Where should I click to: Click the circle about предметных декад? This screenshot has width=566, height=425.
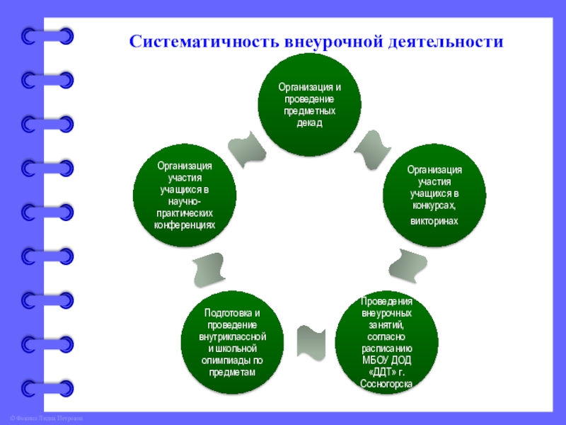(309, 106)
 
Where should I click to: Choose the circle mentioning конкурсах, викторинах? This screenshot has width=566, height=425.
(434, 196)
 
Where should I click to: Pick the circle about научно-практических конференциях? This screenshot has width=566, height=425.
(185, 196)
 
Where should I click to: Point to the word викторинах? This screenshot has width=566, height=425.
(434, 221)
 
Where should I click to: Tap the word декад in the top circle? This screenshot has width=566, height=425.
(309, 123)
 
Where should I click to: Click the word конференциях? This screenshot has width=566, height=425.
(185, 225)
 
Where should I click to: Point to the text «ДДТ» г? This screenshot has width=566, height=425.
(386, 371)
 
